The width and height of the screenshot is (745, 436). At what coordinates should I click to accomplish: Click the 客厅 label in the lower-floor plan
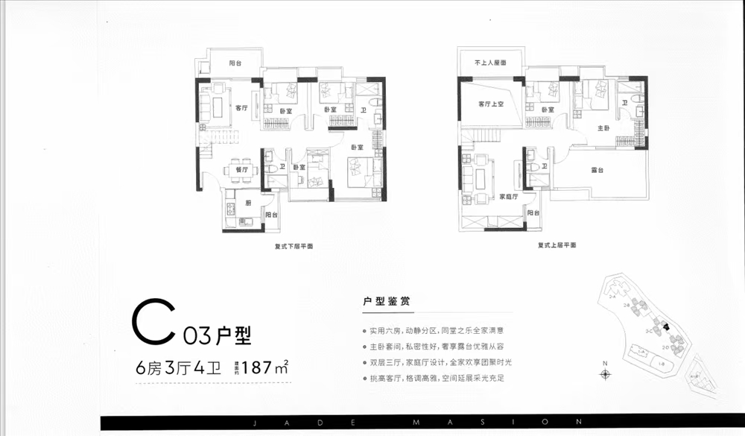tap(241, 108)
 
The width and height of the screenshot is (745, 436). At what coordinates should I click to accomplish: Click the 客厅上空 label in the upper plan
tap(492, 105)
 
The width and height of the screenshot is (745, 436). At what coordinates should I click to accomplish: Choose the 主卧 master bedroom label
tap(604, 128)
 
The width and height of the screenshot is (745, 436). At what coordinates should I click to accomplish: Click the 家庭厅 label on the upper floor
tap(508, 198)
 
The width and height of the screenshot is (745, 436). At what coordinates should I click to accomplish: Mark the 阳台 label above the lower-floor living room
tap(235, 64)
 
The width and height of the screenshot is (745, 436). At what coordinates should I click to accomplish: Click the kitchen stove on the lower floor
tap(229, 205)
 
